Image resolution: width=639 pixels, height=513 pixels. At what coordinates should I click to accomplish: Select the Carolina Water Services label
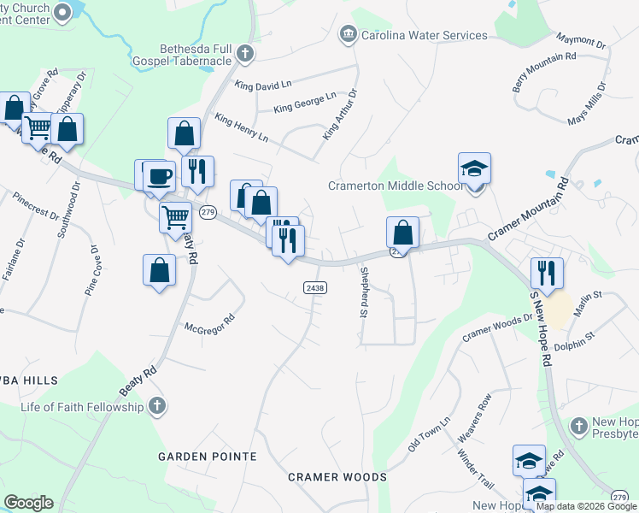coord(424,35)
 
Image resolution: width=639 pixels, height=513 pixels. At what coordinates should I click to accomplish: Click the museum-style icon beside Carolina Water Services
coord(348,35)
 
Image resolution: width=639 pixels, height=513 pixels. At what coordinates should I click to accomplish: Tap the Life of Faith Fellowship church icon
coord(155,407)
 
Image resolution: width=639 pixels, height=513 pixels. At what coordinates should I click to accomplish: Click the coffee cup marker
coord(159,177)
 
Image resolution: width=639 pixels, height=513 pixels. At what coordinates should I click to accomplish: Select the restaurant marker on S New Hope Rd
coord(547,274)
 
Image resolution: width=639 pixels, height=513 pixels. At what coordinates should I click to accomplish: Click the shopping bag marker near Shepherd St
coord(402,232)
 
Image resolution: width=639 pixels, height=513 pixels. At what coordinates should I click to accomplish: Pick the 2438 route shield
coord(314,288)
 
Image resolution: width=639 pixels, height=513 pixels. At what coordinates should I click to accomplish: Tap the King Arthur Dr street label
coord(340,115)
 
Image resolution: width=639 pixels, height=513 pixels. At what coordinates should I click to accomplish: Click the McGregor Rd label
coord(209,327)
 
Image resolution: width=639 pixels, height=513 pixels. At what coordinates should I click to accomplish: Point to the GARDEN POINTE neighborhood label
coord(207,457)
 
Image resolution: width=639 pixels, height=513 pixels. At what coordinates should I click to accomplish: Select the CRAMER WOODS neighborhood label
coord(337,476)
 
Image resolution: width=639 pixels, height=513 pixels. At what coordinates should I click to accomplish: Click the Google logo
coord(28,503)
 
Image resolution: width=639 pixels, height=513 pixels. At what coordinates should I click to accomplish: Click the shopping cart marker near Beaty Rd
coord(175,217)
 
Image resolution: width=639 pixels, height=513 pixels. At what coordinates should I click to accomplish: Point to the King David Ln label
coord(264,85)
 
